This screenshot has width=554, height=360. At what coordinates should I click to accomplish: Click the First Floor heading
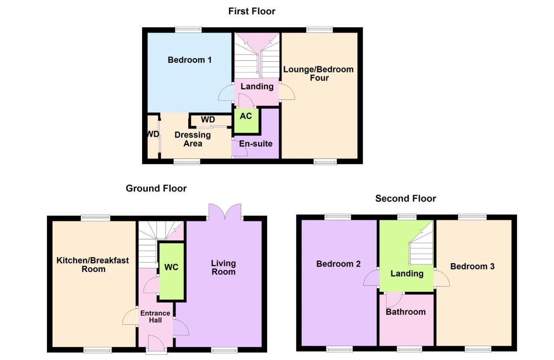(x=252, y=11)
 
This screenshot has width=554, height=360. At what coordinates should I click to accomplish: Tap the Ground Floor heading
(x=156, y=188)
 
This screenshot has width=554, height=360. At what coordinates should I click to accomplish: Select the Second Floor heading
(x=405, y=198)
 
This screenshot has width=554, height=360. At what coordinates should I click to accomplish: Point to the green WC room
(x=172, y=271)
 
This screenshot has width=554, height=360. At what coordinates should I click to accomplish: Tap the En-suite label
(x=255, y=143)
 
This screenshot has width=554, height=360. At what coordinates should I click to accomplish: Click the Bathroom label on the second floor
(x=405, y=312)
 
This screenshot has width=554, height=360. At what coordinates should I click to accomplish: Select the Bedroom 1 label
(x=189, y=60)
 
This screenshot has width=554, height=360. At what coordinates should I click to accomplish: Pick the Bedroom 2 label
(x=338, y=264)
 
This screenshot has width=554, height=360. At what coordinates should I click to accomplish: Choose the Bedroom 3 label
(x=472, y=266)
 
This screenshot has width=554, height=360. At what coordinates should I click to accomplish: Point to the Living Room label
(x=223, y=268)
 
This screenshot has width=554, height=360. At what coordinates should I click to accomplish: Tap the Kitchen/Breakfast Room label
(x=93, y=264)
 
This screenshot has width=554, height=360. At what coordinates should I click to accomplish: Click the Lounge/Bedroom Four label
(x=318, y=73)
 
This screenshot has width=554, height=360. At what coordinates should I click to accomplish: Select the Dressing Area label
(x=192, y=139)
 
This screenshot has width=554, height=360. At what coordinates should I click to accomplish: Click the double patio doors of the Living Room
(x=225, y=211)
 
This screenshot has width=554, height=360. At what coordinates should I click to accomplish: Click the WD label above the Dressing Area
(x=208, y=120)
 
